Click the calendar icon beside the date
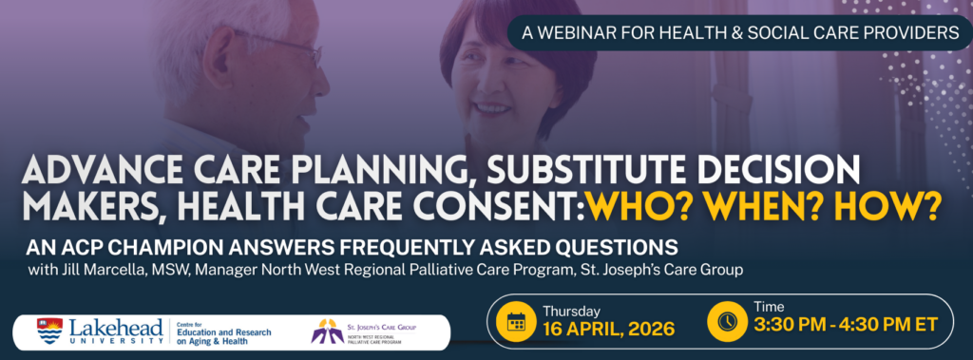point(516,321)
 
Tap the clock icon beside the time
point(727,321)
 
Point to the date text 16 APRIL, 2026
point(609,329)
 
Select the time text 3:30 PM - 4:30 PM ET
point(845,324)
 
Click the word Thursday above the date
point(571,311)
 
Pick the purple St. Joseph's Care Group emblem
point(328,331)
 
